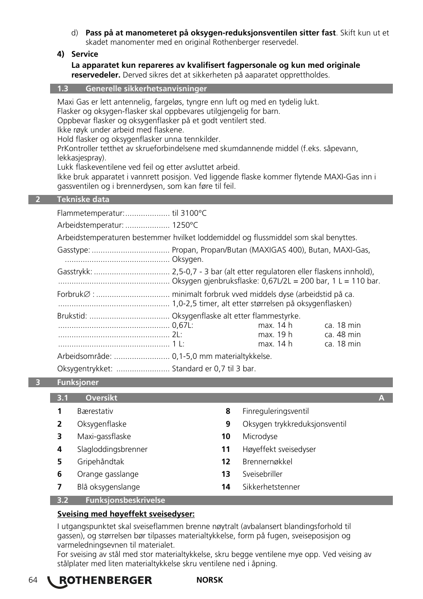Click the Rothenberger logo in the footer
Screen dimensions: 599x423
click(x=100, y=581)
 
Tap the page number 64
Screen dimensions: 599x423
click(x=33, y=580)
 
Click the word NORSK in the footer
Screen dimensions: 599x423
click(x=209, y=580)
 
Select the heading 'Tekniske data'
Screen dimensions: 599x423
click(x=83, y=199)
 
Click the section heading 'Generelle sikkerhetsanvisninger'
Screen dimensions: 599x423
click(x=146, y=89)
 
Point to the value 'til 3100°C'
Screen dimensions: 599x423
click(x=189, y=213)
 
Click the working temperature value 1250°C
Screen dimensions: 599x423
click(x=185, y=225)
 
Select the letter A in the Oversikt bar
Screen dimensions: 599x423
click(x=381, y=398)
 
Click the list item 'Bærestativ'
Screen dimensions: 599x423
click(x=95, y=411)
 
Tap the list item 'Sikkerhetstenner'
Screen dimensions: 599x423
click(x=271, y=487)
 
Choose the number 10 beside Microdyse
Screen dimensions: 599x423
click(x=226, y=436)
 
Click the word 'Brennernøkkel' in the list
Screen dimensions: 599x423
click(x=267, y=462)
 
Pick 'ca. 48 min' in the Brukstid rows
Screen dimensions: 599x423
click(x=342, y=335)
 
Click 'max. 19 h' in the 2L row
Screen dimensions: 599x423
click(x=275, y=335)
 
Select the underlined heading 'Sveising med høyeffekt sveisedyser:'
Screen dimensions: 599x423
click(x=126, y=514)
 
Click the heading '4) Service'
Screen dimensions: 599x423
click(x=78, y=54)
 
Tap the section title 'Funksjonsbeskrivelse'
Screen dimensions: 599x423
click(x=125, y=500)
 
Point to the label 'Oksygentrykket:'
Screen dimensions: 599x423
click(x=85, y=369)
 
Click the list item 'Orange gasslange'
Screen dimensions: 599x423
click(x=108, y=474)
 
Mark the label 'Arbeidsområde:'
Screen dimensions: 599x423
click(x=84, y=356)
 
